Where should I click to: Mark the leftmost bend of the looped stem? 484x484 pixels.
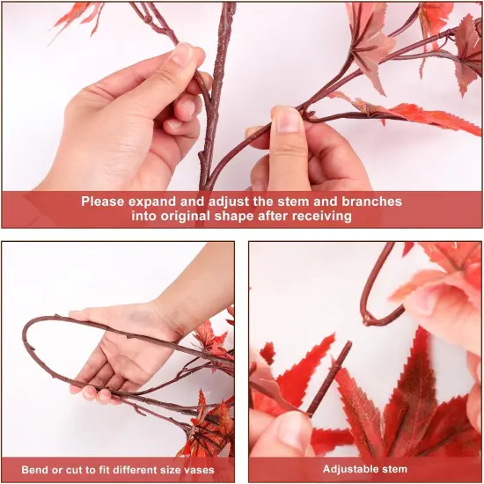26,339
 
